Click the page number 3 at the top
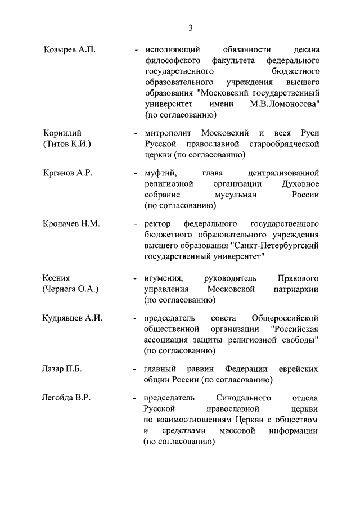191,28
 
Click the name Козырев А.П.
70,49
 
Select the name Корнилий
62,133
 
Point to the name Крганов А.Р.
67,173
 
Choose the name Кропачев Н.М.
71,224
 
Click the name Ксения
57,278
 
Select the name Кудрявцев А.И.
73,318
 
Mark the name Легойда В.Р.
66,398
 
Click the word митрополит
168,133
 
